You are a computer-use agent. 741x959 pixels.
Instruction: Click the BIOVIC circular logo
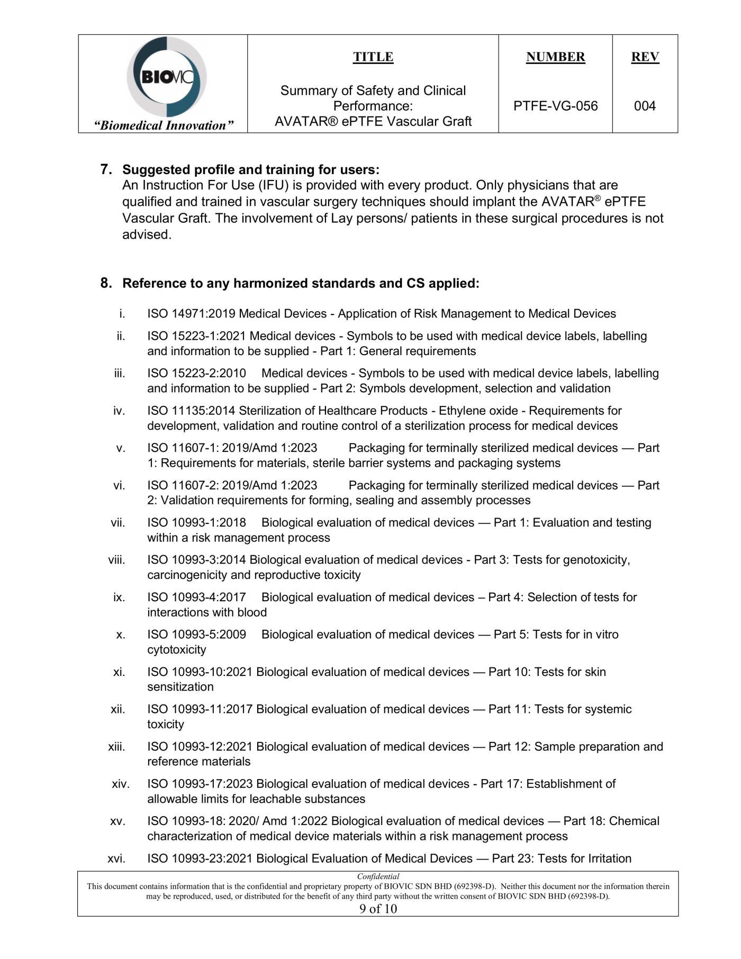(166, 77)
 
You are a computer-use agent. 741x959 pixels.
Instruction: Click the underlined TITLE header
(373, 57)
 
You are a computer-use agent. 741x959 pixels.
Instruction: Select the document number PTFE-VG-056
(555, 106)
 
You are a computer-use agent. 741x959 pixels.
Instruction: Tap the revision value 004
(645, 106)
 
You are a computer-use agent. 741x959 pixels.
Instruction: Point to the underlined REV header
(645, 57)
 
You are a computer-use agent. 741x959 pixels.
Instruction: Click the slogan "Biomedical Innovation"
(164, 125)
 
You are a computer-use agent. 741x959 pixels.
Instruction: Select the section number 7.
(106, 169)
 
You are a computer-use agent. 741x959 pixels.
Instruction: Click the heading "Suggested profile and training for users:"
(251, 169)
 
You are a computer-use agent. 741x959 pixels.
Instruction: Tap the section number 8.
(106, 283)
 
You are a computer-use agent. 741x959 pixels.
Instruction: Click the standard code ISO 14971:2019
(191, 314)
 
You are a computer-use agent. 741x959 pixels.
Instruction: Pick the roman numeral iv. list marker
(119, 411)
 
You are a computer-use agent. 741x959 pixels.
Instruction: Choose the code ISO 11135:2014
(191, 411)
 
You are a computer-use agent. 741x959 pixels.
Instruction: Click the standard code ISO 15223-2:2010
(196, 373)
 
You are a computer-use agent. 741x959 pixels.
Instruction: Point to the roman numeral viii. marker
(116, 560)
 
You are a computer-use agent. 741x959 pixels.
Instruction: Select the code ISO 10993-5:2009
(196, 635)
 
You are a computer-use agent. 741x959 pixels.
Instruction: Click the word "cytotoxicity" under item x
(176, 650)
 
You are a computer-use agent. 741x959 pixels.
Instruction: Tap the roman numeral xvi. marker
(116, 858)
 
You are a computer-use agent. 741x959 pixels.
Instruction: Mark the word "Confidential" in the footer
(378, 876)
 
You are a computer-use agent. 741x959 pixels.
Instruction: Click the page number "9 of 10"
(378, 909)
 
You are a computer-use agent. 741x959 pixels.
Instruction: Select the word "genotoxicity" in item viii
(596, 560)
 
